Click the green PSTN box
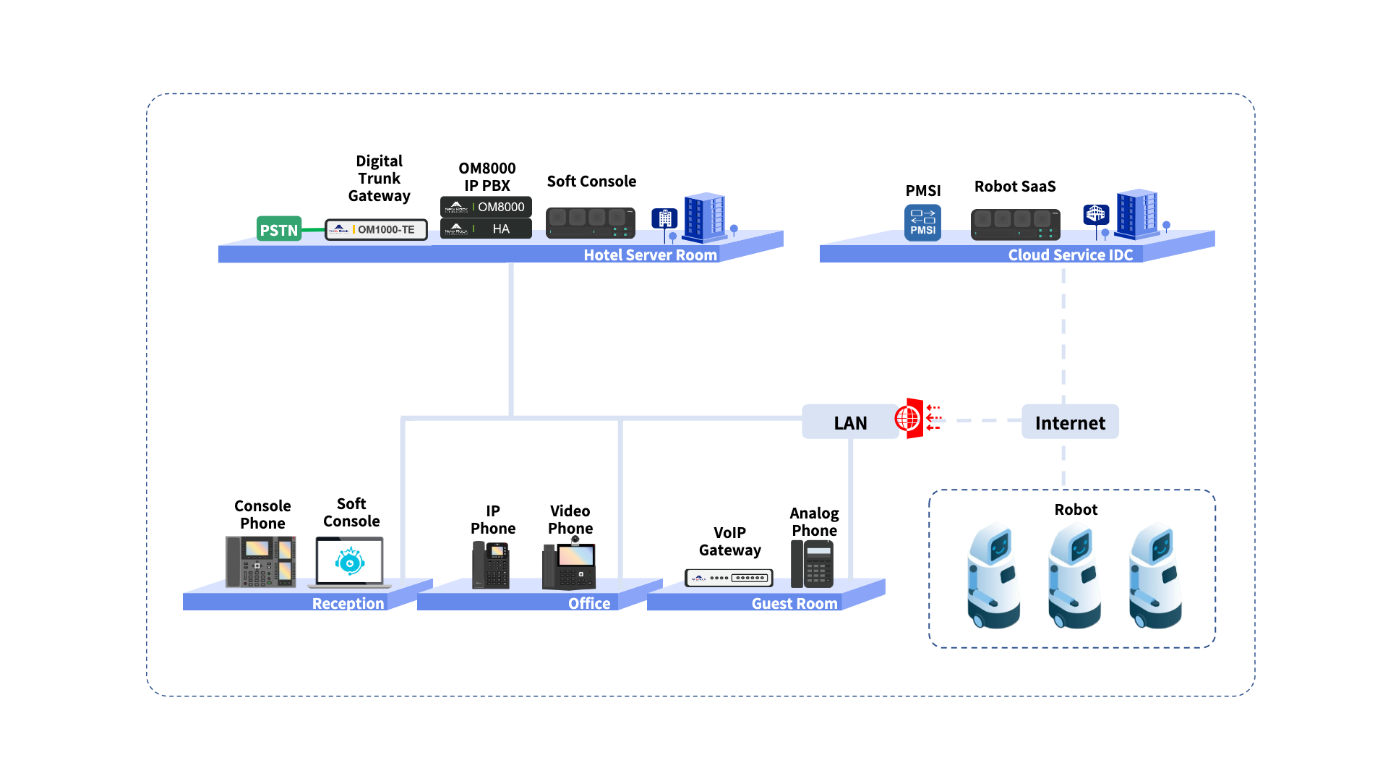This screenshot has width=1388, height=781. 279,229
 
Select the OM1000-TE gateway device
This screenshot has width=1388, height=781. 376,229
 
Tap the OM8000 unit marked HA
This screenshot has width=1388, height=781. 486,229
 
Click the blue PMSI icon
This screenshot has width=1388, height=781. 922,222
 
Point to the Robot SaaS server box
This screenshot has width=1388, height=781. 1015,224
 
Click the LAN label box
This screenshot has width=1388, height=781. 850,422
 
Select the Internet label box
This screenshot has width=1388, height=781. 1070,422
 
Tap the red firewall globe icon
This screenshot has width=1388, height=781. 910,418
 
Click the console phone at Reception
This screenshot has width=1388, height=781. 260,561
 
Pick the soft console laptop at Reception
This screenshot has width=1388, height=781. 350,562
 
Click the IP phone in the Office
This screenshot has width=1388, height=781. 491,565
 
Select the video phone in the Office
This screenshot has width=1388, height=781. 570,565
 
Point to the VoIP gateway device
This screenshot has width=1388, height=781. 729,578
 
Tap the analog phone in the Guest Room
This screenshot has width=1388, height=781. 813,564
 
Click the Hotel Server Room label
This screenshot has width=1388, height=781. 650,255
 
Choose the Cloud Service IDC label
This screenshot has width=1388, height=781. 1070,255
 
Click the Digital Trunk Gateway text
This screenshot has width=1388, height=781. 379,178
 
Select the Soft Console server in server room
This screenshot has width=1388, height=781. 591,223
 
